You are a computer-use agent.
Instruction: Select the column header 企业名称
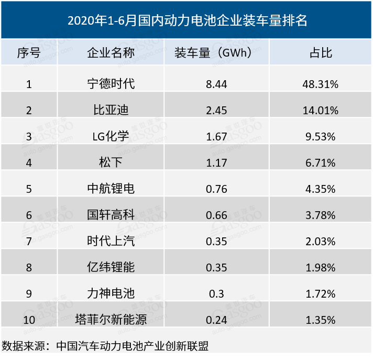111,53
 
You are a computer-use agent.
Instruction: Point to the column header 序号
29,53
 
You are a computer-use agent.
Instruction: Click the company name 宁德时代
111,84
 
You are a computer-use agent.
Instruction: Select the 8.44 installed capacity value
216,84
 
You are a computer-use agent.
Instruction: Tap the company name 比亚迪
111,110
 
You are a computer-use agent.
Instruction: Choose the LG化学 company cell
111,136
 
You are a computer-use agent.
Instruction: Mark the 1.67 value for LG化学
216,136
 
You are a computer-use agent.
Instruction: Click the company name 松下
111,162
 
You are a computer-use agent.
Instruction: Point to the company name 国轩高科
111,215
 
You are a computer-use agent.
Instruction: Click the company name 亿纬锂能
111,267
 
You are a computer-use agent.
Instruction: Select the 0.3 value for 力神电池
216,293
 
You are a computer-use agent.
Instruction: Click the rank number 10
29,319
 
